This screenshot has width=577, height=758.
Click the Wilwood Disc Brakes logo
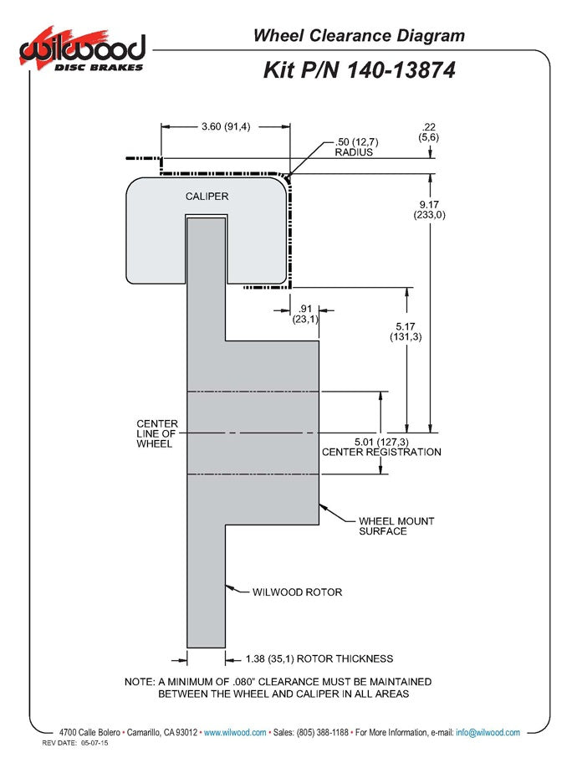click(84, 53)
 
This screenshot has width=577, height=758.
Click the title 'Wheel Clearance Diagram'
click(359, 35)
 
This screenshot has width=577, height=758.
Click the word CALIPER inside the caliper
click(207, 196)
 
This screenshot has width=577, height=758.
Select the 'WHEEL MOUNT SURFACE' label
click(396, 525)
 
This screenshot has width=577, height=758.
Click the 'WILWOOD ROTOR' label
click(297, 592)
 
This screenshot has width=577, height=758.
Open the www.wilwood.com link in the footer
click(235, 732)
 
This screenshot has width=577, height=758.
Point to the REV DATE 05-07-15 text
click(74, 743)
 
